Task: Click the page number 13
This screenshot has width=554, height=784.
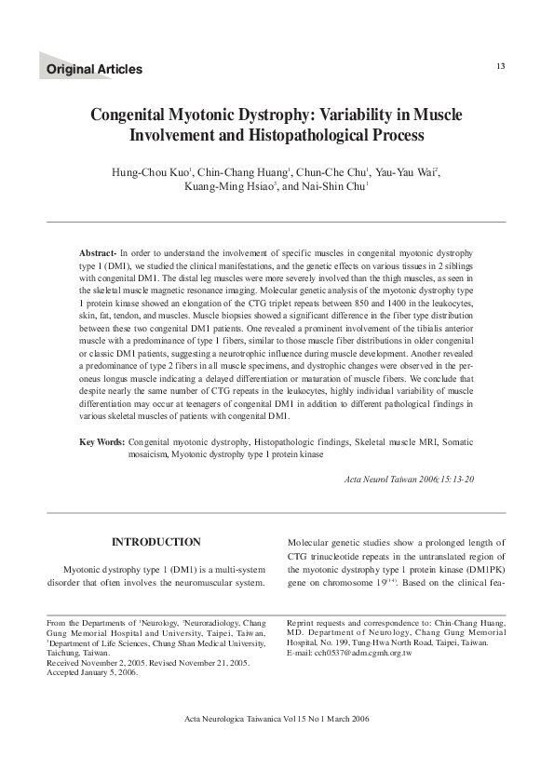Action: [x=501, y=65]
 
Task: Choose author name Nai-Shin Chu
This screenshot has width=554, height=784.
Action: [x=334, y=187]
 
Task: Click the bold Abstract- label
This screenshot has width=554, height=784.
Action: [x=98, y=253]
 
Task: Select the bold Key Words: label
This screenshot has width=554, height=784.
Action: [x=101, y=441]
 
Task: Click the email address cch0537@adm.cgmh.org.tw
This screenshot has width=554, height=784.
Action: [x=349, y=654]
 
